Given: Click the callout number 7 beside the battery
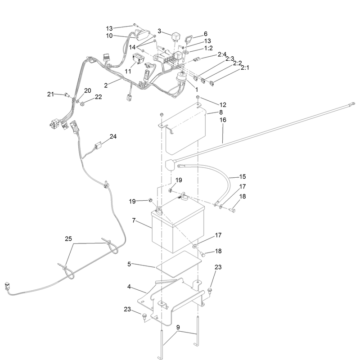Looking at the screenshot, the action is point(134,220).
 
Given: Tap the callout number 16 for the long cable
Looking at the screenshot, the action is point(223,120).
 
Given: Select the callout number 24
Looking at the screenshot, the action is point(113,136).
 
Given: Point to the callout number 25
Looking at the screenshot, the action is point(68,239).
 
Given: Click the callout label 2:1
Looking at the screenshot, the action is point(245,67).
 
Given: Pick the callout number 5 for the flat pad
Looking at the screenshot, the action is point(129,264).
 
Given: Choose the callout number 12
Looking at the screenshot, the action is point(223,105).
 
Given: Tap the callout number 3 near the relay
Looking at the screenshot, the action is point(159,31).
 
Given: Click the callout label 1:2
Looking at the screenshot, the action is point(208,48).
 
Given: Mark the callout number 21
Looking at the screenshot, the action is point(50,94).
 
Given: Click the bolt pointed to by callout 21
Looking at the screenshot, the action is point(67,94).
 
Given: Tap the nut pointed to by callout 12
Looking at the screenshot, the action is point(198,97).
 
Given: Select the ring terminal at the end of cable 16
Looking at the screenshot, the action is point(351,104).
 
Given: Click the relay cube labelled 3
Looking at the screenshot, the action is point(175,36).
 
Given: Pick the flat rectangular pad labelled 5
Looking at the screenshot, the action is point(179,263).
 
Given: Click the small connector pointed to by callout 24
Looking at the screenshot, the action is point(98,146).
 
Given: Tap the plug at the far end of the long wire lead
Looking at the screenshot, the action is point(7,287).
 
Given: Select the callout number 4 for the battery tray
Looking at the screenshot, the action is point(129,287).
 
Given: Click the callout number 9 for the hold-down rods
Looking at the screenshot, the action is point(178,327).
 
